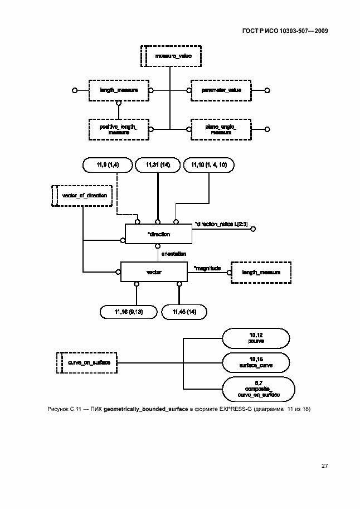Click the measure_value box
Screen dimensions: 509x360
[170, 56]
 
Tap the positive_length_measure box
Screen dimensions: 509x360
[118, 129]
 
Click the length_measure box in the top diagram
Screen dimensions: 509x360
[118, 90]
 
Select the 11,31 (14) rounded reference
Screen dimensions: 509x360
[158, 165]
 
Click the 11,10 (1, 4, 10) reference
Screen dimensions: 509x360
[210, 165]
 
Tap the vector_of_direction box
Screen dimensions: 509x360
[82, 196]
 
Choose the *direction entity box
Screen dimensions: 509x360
[159, 234]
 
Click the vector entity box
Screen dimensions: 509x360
[154, 272]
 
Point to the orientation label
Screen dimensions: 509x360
[173, 254]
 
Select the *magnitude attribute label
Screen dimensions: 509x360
[207, 269]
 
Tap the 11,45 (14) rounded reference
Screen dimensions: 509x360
[184, 311]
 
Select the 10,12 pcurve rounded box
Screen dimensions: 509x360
[256, 338]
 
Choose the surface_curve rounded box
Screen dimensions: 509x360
[256, 363]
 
